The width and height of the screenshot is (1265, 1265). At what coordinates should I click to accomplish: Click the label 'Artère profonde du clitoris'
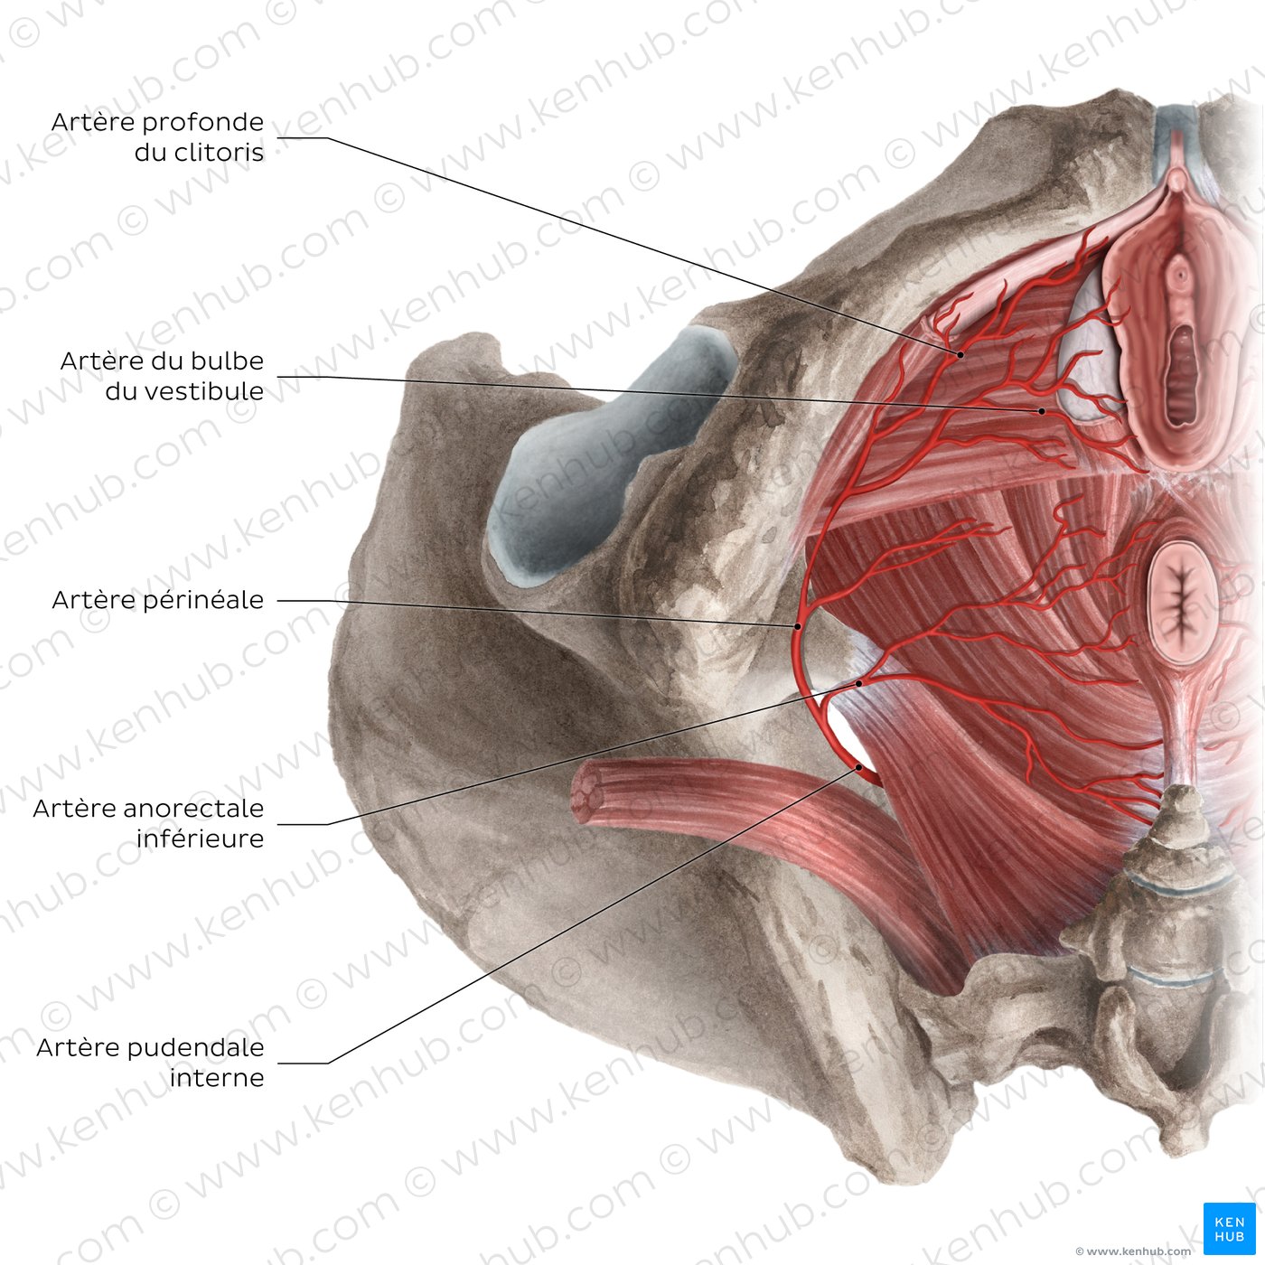pos(157,137)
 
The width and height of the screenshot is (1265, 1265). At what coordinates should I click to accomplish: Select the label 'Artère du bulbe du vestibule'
pos(162,376)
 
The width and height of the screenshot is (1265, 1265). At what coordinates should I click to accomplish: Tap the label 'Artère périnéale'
pos(157,599)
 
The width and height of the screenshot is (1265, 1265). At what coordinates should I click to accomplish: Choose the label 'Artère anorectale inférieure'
pos(148,823)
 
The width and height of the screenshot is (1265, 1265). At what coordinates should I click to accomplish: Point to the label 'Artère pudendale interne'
pos(150,1063)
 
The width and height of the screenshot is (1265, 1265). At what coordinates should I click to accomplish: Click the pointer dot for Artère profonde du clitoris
pos(960,354)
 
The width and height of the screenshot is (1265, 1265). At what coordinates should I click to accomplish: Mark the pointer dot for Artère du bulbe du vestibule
pos(1042,412)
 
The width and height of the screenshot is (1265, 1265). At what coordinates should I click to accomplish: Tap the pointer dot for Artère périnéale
pos(798,627)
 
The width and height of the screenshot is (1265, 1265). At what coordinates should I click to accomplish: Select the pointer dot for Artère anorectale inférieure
pos(858,683)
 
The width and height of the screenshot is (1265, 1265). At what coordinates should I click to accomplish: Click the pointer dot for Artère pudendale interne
pos(858,767)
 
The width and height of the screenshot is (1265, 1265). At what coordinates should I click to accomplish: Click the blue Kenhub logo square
pos(1229,1229)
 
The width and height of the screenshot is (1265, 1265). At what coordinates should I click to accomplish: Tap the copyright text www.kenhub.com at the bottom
pos(1133,1251)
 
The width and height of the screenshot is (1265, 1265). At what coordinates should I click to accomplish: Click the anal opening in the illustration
pos(1183,600)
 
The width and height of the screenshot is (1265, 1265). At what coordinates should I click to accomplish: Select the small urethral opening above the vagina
pos(1180,270)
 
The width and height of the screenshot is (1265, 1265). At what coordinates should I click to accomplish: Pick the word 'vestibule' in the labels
pos(203,391)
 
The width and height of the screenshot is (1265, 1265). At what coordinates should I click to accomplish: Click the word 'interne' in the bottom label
pos(217,1077)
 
